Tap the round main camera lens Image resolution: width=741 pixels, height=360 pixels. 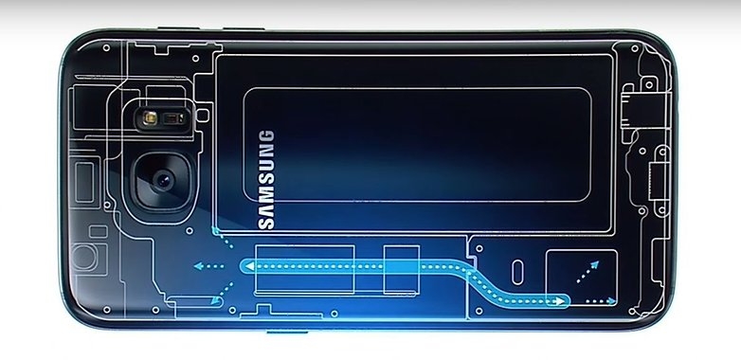159,181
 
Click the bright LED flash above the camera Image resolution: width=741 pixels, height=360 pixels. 149,119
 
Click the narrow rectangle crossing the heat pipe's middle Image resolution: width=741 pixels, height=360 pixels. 401,267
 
